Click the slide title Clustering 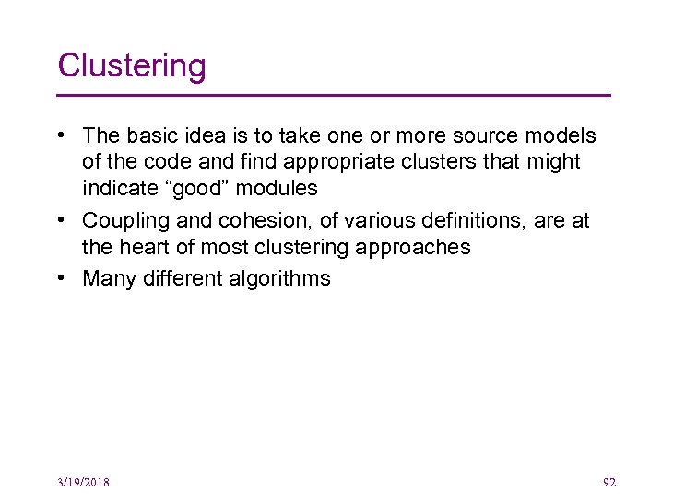pos(132,66)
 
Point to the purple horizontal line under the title pos(334,95)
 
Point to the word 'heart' pos(143,248)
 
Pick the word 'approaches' pos(419,248)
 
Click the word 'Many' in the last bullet pos(107,278)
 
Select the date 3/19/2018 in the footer pos(82,482)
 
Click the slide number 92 pos(608,482)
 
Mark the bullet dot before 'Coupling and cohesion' pos(60,221)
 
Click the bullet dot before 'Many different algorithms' pos(60,278)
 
